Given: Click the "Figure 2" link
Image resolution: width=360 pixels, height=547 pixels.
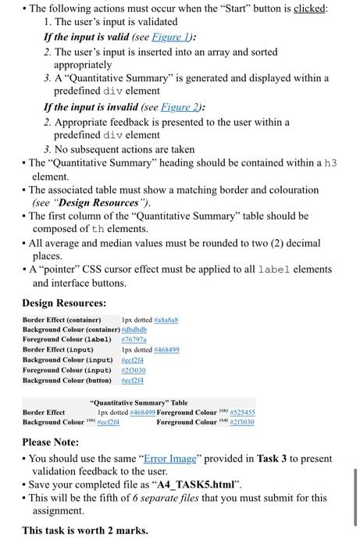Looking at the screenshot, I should tap(179, 107).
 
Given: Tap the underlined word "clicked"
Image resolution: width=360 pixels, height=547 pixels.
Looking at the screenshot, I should tap(309, 9).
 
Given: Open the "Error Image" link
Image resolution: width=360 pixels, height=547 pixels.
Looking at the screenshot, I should tap(172, 459).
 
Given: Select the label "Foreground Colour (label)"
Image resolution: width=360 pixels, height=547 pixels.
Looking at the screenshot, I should tap(69, 340).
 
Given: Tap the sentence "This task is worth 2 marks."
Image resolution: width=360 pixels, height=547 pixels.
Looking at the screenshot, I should tap(84, 531).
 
